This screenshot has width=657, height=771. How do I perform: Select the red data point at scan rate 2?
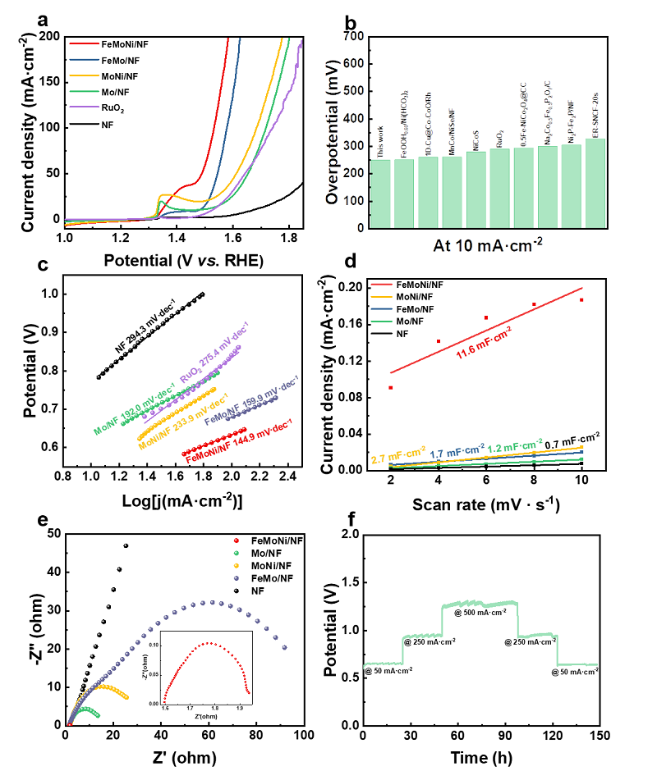(391, 387)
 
